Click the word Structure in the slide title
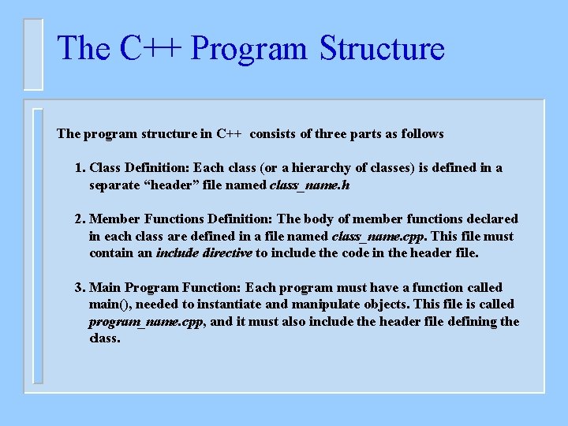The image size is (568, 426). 382,48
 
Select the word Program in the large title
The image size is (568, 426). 248,48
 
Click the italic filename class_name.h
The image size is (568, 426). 309,185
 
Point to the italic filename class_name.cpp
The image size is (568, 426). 378,236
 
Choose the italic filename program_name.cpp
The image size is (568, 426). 147,321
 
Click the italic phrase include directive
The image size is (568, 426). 204,253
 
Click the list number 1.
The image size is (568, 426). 80,168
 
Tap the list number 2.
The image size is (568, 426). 80,219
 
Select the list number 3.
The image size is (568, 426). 80,288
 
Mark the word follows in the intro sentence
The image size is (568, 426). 422,134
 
